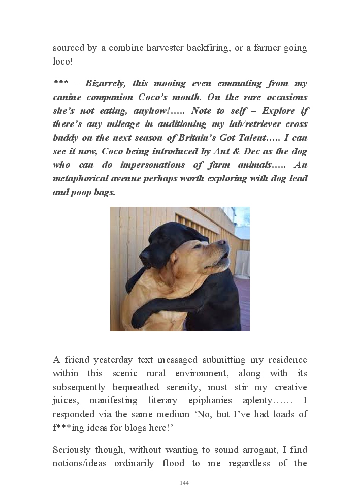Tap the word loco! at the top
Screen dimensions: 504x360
coord(63,62)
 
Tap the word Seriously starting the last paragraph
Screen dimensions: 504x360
coord(72,450)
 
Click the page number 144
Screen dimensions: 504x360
coord(184,483)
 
